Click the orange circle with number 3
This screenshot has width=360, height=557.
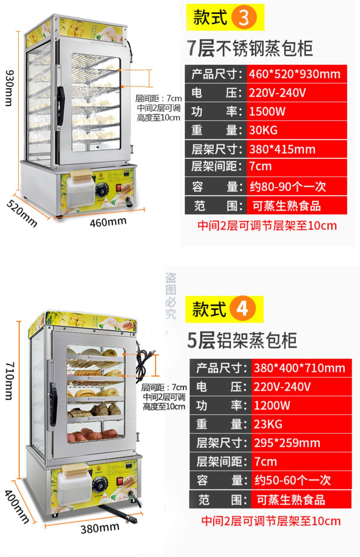click(244, 17)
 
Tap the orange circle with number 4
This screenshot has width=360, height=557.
click(243, 309)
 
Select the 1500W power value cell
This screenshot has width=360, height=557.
click(296, 111)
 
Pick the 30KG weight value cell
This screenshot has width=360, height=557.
click(296, 130)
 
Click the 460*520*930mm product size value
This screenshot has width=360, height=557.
click(296, 74)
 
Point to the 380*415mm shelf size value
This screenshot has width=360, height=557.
click(296, 149)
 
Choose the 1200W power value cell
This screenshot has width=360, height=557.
click(301, 405)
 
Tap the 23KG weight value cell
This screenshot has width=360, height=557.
click(301, 424)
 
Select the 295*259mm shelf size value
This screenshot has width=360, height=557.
click(301, 443)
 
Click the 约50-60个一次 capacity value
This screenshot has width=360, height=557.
click(301, 480)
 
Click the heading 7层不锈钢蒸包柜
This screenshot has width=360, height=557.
click(250, 48)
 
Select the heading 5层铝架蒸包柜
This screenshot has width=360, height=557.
click(242, 340)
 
